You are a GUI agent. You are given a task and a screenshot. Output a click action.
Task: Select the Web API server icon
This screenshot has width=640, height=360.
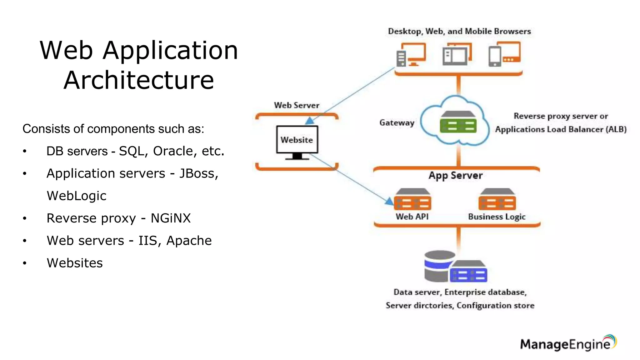[412, 200]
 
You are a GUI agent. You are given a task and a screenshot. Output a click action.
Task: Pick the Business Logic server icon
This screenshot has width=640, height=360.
[497, 200]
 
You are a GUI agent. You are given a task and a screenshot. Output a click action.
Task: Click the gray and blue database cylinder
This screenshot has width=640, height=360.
[439, 266]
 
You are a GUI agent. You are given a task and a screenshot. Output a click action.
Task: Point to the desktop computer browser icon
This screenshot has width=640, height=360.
[411, 54]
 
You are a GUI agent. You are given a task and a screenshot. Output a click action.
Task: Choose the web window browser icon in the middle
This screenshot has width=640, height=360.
[457, 54]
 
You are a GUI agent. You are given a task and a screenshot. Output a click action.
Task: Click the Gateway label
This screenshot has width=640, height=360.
[397, 122]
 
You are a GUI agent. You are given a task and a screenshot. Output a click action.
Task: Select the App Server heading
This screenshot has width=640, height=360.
[456, 175]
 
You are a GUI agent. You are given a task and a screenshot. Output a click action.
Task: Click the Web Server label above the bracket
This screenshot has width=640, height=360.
[297, 105]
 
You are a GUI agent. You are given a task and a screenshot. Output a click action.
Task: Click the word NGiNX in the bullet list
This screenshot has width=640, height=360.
[171, 218]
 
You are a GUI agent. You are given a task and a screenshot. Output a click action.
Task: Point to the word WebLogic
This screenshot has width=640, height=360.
[77, 196]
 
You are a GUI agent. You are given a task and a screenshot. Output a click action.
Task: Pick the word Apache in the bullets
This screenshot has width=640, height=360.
[189, 241]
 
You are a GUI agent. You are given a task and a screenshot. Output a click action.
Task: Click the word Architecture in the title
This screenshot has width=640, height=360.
[139, 80]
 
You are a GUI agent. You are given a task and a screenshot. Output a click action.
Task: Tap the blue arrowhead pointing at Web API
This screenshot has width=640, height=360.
[389, 202]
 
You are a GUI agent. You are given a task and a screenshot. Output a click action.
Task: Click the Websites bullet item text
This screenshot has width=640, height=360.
[75, 263]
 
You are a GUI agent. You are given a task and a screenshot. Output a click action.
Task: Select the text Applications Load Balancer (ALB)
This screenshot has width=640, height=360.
[561, 129]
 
